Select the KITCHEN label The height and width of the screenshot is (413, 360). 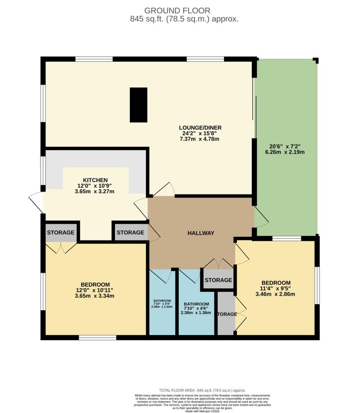pos(95,180)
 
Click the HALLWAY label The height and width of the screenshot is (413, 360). pos(201,233)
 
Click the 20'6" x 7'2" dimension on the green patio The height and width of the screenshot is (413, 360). pos(287,146)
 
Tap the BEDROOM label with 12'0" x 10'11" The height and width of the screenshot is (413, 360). pos(95,284)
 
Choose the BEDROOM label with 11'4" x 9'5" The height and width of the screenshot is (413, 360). pos(276,282)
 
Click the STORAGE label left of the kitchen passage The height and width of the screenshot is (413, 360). pos(61,232)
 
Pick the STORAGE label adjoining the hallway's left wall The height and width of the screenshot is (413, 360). pos(130,232)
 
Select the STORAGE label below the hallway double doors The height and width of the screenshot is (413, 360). pos(218,280)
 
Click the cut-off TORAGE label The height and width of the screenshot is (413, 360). pos(226,314)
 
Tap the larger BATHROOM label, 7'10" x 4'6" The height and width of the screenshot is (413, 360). pos(196,304)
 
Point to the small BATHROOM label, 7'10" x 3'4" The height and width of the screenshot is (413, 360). pos(162,301)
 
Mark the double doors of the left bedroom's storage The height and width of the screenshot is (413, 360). pos(61,247)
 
